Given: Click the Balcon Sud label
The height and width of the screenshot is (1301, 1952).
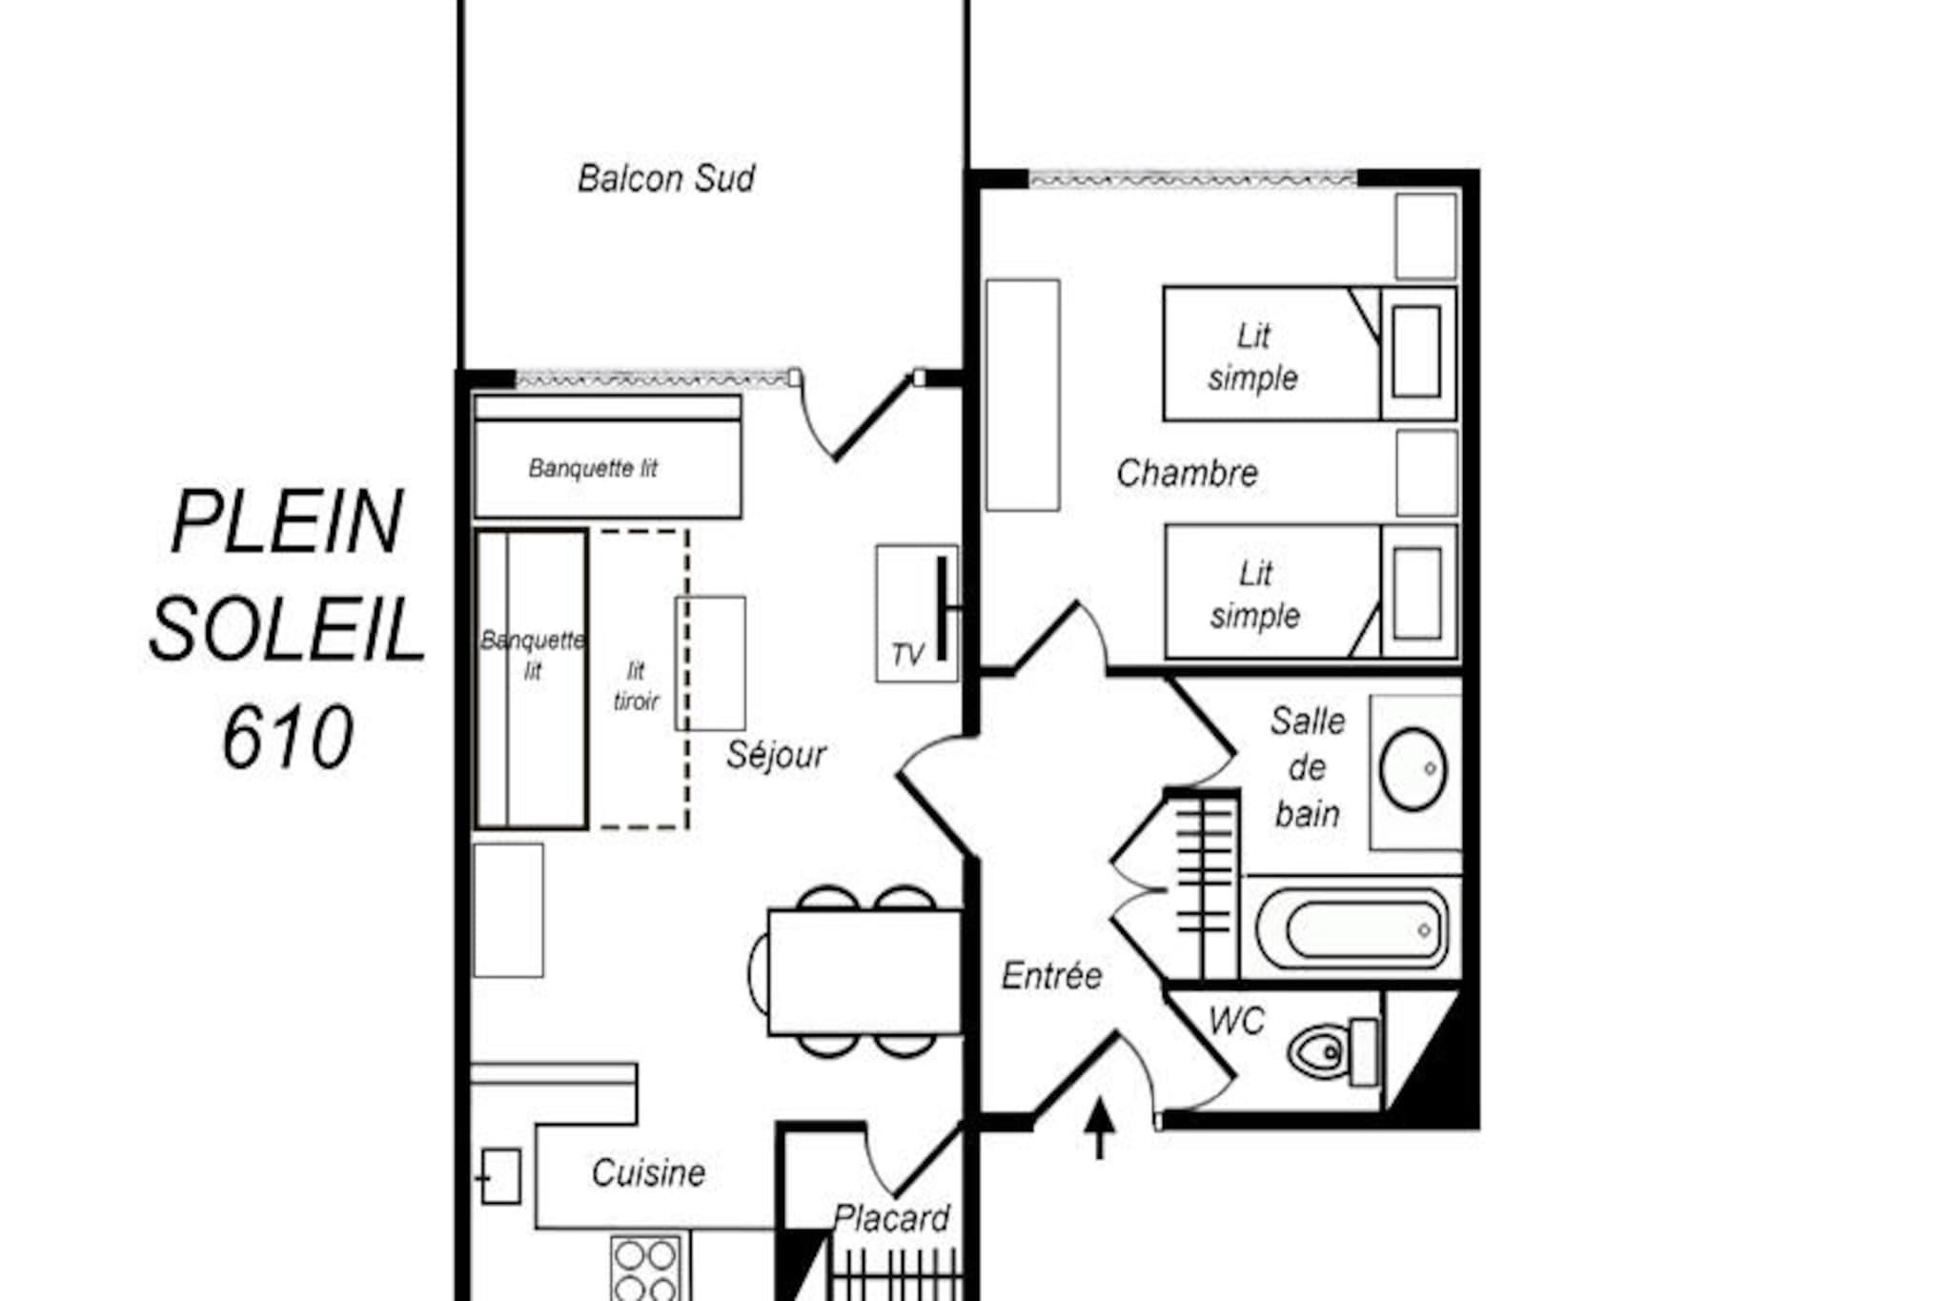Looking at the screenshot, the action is pos(666,178).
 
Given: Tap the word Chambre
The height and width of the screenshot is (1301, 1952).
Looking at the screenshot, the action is pos(1187,473).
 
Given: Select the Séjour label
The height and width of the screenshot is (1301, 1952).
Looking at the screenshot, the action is pos(776,755).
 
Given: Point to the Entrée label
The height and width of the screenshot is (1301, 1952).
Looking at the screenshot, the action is pos(1051,975).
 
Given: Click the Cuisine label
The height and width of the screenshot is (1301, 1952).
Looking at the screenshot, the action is pos(648,1172).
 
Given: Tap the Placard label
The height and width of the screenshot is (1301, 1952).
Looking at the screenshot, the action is pos(891,1218).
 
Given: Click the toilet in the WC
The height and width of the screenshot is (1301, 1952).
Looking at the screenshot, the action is pos(1332,1052).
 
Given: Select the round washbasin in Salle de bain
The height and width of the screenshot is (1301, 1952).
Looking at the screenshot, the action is pos(1413,769).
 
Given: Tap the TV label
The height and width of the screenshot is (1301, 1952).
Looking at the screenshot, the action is pos(907,655).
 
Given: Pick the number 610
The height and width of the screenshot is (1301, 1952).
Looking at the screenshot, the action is pos(288,738).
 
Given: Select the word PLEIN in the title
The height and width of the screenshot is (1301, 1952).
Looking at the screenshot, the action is pos(287,521).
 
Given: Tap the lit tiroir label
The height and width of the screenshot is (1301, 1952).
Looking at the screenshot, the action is pos(636,685).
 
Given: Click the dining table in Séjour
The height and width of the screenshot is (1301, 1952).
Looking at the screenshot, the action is pos(864,972).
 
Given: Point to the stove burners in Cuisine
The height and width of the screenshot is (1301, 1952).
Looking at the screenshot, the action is pos(646,1269).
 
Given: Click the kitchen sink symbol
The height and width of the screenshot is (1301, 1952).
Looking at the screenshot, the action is pos(500,1177).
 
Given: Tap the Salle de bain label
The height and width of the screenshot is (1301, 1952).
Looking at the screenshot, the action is pos(1308,767).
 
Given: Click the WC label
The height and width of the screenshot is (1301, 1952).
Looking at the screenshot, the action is pos(1236,1022).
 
